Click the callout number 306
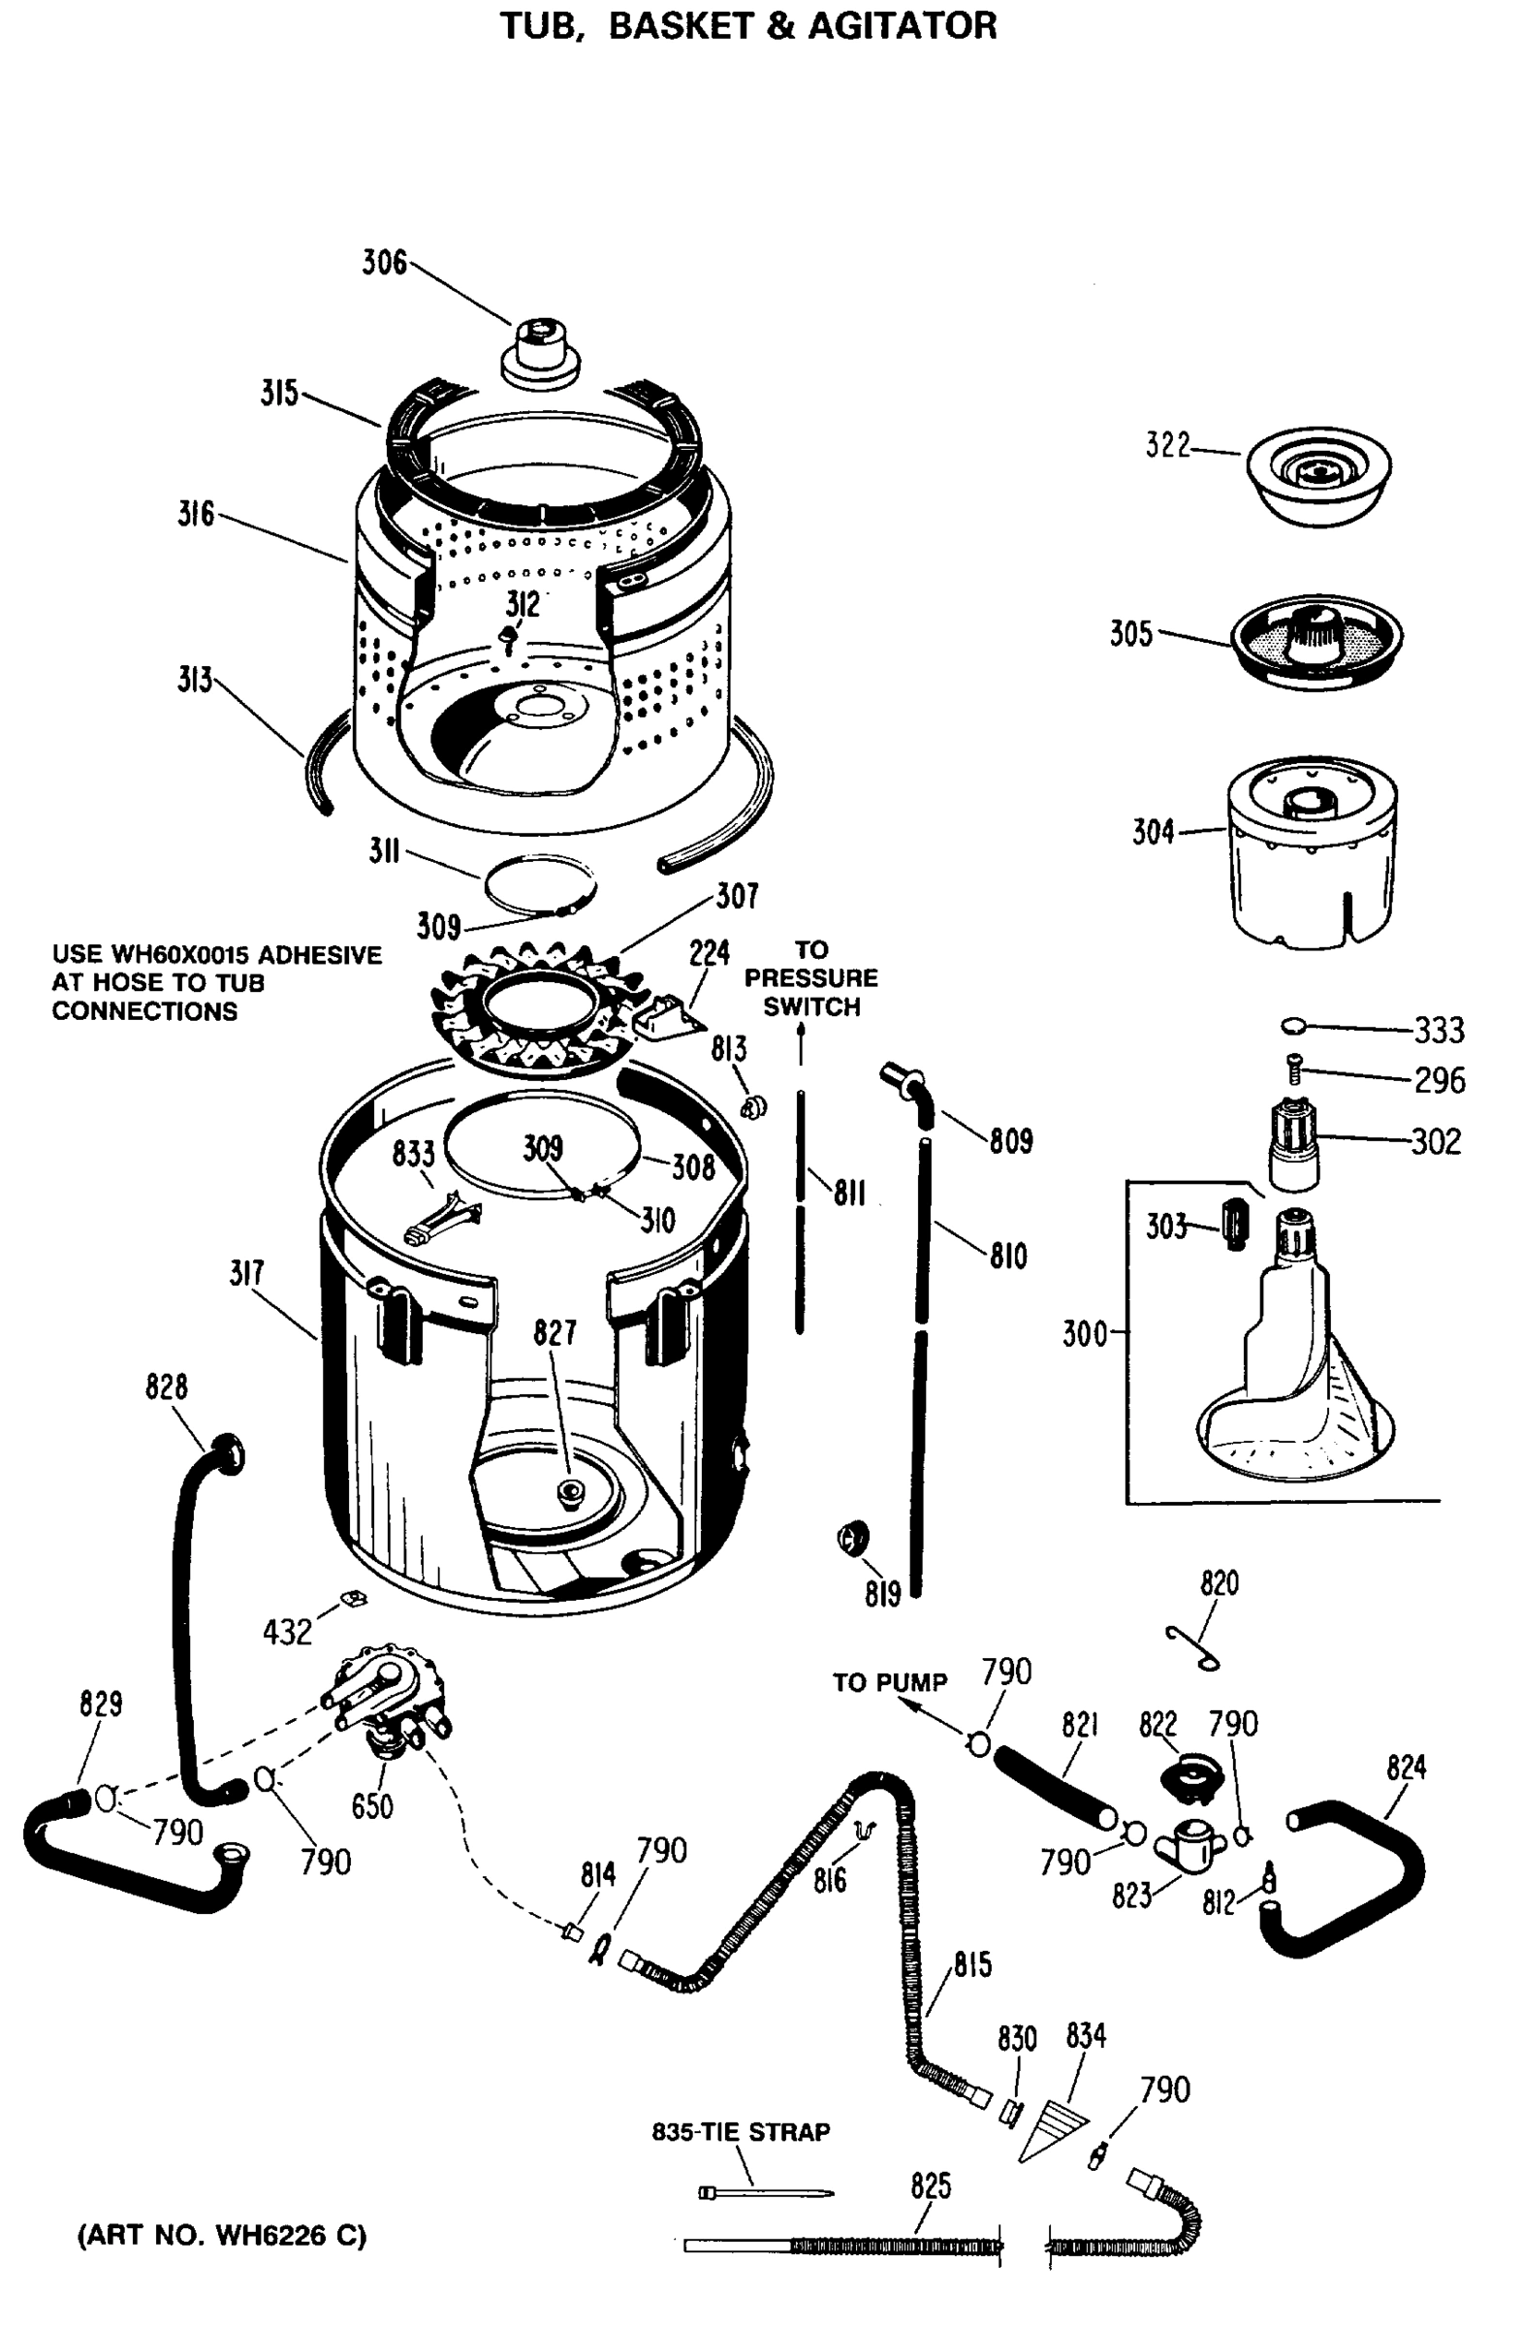tap(384, 262)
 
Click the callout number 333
tap(1439, 1030)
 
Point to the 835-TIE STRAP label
tap(741, 2131)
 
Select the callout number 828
tap(166, 1387)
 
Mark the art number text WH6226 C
tap(289, 2236)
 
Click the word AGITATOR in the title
tap(902, 25)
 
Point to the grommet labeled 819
tap(852, 1537)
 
